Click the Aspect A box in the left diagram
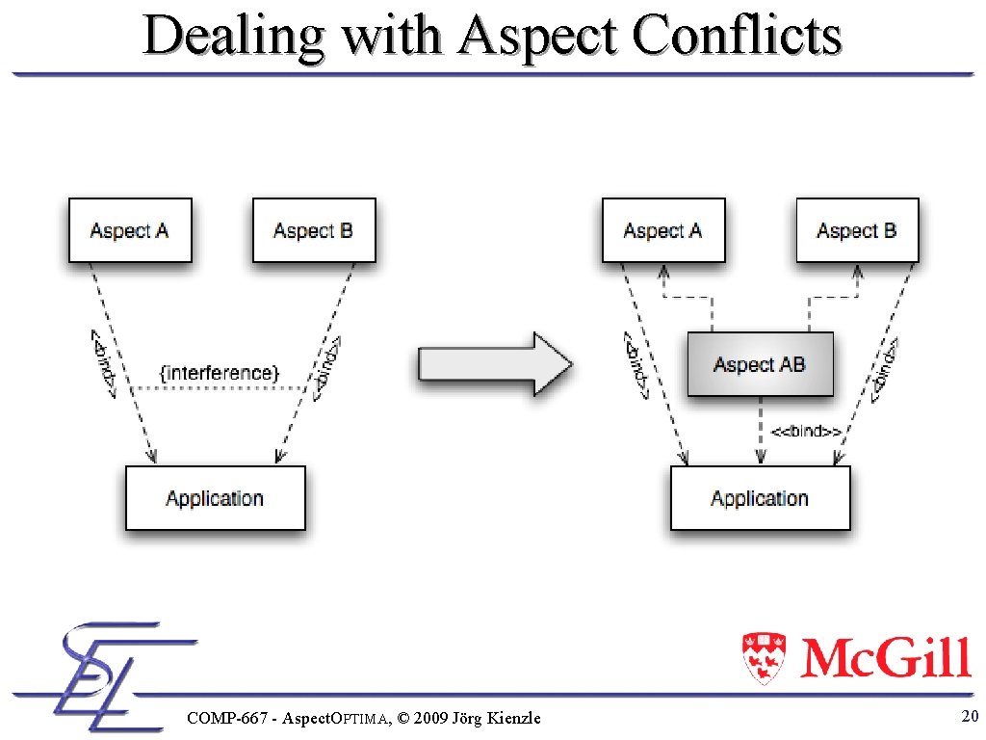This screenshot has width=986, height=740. tap(130, 230)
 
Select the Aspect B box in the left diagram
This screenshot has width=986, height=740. tap(313, 230)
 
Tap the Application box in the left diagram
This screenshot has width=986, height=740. tap(215, 498)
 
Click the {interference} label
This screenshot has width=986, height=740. tap(219, 372)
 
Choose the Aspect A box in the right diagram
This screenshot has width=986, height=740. tap(663, 230)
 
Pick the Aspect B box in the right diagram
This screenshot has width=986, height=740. tap(856, 230)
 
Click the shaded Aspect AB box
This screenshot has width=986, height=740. tap(760, 364)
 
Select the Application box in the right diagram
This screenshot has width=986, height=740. tap(760, 498)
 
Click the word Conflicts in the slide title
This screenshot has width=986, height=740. tap(738, 37)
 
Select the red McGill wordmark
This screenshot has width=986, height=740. tap(885, 658)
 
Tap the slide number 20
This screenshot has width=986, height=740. tap(970, 716)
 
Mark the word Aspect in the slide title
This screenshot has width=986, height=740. tap(543, 37)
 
